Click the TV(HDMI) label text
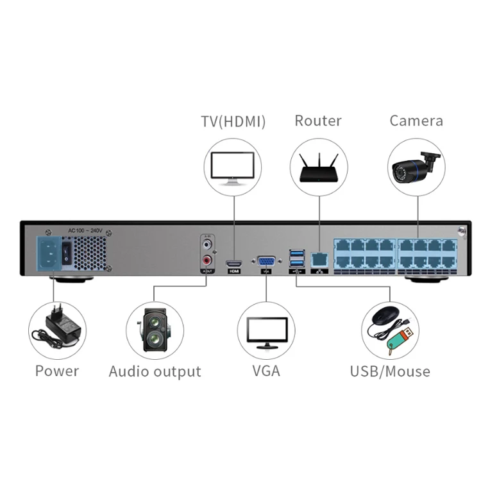click(233, 121)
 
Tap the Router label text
click(318, 121)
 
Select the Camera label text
click(416, 121)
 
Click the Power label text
click(57, 371)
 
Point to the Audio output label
click(155, 371)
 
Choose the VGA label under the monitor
click(266, 371)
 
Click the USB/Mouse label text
click(390, 371)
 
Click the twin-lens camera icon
click(154, 330)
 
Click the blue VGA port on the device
click(266, 261)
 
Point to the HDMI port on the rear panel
click(233, 263)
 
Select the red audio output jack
click(208, 261)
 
